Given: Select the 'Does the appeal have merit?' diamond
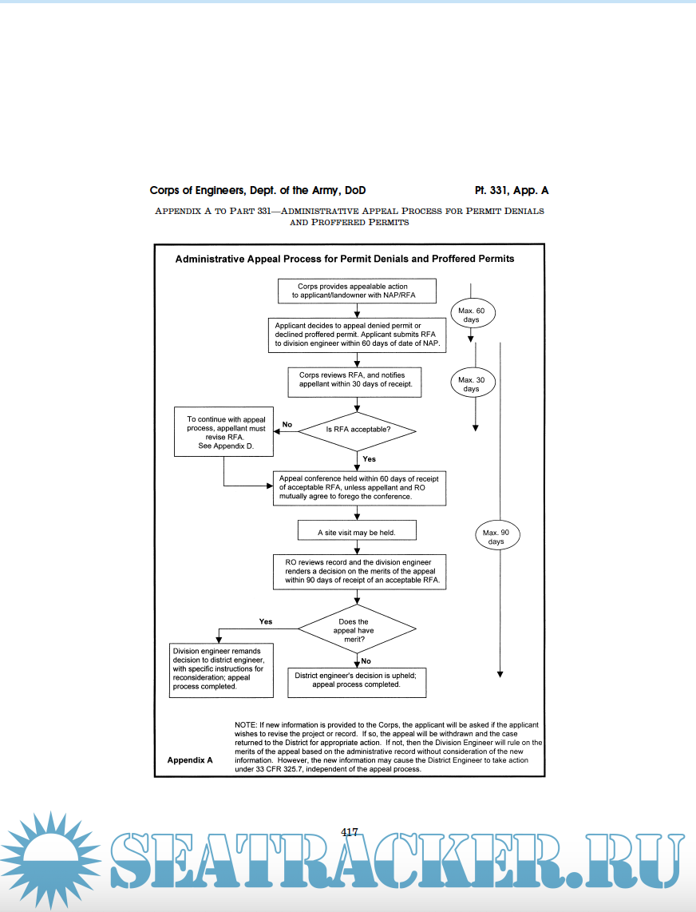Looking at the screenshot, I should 357,630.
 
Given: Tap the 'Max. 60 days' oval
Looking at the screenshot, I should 471,315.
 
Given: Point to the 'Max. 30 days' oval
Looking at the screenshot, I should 471,384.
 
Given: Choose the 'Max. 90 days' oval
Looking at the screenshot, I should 496,537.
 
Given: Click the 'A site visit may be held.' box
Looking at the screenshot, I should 357,531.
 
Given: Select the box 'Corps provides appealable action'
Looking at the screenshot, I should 357,291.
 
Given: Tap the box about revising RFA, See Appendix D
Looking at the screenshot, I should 223,431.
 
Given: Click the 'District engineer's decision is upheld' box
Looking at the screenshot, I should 357,680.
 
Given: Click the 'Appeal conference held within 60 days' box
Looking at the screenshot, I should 358,487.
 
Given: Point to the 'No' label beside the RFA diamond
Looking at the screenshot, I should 287,424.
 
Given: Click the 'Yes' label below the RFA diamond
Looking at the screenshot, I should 369,459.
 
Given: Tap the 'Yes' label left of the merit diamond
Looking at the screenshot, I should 266,621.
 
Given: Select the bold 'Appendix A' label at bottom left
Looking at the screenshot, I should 190,760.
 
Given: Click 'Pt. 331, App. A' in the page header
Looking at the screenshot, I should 511,191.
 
